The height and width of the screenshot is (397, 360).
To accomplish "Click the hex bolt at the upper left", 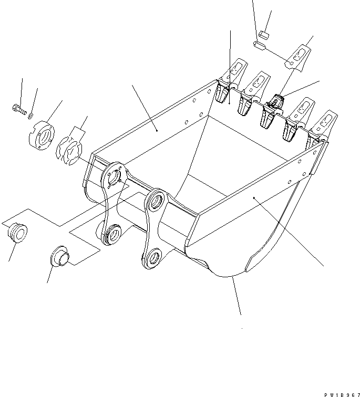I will coord(17,109).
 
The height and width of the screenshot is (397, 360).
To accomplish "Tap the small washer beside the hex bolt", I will coord(30,113).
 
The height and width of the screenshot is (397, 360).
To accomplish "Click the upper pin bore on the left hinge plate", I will coord(113,179).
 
